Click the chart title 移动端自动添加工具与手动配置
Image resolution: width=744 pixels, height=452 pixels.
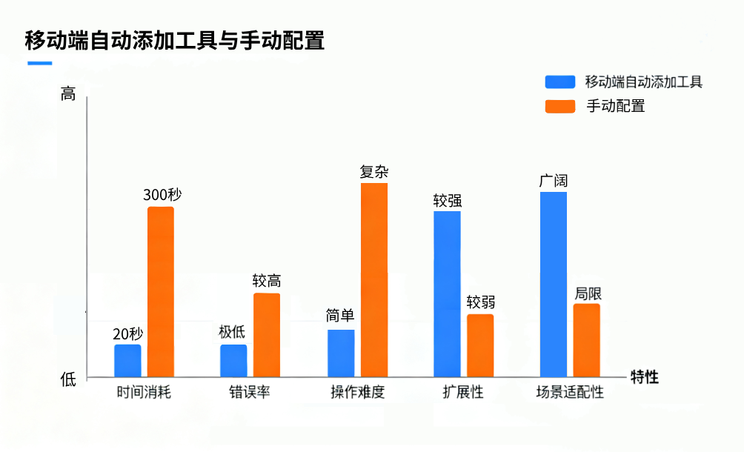175,39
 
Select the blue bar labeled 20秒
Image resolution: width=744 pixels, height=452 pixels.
127,361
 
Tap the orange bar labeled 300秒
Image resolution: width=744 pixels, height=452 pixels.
161,292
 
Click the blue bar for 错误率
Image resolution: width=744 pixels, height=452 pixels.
233,361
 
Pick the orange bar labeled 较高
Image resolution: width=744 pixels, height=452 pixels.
267,335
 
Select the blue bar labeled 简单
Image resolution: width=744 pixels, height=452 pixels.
341,353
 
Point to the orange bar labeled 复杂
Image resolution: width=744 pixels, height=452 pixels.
374,280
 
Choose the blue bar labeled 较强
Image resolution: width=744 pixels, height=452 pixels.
447,294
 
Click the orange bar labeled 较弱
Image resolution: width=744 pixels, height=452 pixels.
480,345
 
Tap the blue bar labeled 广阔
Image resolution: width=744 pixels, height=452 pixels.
554,285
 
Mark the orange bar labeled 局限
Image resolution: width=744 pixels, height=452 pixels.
587,340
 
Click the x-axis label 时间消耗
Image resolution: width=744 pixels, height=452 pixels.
144,392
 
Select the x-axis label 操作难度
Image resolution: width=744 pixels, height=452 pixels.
357,392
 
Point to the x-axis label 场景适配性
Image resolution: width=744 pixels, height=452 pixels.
570,392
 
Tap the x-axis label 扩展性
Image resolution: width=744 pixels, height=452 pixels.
463,392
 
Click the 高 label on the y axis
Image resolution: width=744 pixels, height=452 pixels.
68,94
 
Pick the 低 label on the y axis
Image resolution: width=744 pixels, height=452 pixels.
68,379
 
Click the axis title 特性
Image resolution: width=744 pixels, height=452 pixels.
644,377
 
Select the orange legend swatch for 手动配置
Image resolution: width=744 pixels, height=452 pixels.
560,106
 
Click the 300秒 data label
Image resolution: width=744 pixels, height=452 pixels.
162,195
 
